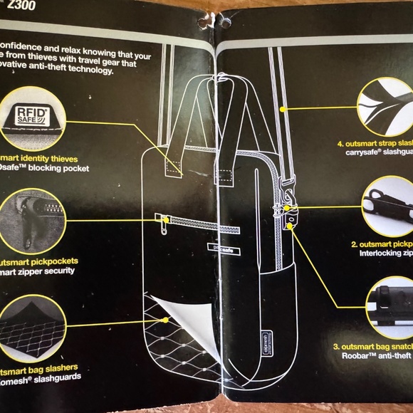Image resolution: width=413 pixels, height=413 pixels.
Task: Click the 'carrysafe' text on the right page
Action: click(x=367, y=152)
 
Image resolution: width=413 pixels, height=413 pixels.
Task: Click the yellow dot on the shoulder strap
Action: click(x=283, y=109)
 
